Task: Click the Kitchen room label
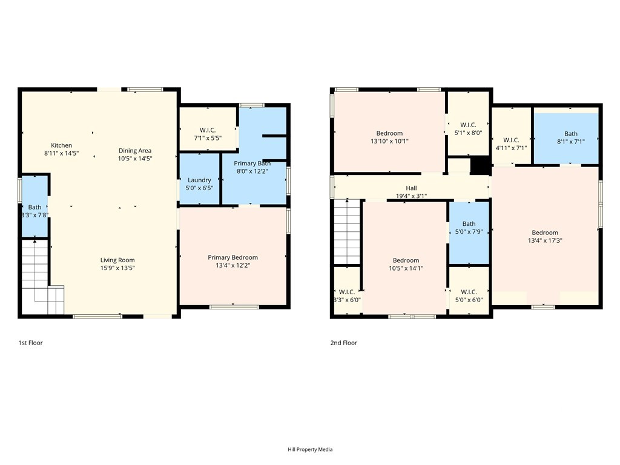61,145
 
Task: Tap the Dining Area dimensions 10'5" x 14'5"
135,159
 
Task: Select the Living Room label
117,260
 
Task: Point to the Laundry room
199,180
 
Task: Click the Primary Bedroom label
233,257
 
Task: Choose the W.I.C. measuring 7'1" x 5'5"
208,134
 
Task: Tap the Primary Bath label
252,163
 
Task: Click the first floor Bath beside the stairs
35,207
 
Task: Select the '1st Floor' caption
30,343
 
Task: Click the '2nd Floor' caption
344,343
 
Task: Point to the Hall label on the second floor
411,188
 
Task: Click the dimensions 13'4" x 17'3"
545,240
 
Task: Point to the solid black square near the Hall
480,165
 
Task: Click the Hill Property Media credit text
310,449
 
